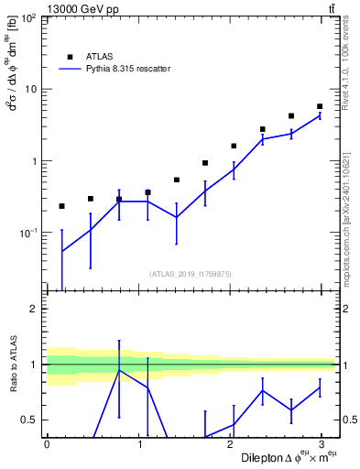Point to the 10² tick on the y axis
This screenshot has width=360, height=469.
point(29,19)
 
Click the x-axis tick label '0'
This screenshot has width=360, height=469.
point(47,444)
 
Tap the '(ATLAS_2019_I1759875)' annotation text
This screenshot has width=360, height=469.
point(191,273)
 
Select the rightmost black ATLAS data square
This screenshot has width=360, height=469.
point(320,106)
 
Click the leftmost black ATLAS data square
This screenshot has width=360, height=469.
point(61,206)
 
